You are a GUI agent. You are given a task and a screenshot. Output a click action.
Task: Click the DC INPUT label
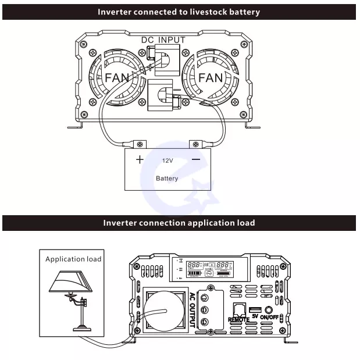[x=163, y=40]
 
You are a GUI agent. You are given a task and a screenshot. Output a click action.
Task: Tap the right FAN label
[x=210, y=77]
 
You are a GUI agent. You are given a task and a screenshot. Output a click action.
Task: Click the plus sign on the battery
[x=140, y=159]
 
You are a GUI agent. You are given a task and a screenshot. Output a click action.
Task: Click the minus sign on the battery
[x=196, y=159]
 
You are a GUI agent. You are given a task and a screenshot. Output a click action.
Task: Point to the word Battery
[x=167, y=178]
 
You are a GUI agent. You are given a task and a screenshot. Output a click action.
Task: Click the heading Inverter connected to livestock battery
[x=179, y=12]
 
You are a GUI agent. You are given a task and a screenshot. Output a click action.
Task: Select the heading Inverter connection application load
[x=179, y=223]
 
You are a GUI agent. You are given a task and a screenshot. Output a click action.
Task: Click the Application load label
[x=73, y=259]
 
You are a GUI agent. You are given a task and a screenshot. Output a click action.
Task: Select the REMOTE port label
[x=239, y=319]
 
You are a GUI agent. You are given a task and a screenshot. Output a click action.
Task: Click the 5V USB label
[x=255, y=316]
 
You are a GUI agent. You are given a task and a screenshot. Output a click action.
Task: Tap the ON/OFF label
[x=270, y=317]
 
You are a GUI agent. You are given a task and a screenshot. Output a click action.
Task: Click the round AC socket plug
[x=165, y=309]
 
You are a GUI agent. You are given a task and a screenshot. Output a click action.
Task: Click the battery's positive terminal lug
[x=140, y=144]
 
